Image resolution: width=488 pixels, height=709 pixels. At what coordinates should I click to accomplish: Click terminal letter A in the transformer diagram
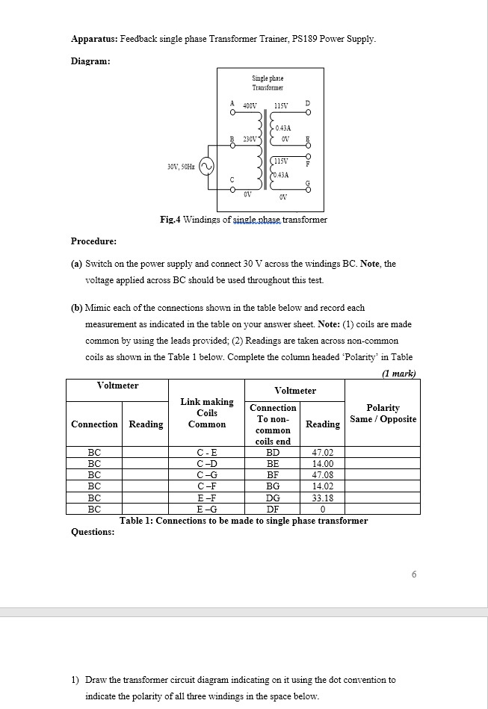pyautogui.click(x=232, y=103)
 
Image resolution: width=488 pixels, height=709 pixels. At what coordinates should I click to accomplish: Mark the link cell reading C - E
pyautogui.click(x=207, y=452)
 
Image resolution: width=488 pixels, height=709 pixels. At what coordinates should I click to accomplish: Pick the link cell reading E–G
pyautogui.click(x=207, y=508)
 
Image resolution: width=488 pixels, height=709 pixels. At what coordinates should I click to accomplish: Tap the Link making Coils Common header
pyautogui.click(x=207, y=413)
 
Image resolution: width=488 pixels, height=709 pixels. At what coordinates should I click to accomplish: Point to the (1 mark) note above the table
pyautogui.click(x=398, y=373)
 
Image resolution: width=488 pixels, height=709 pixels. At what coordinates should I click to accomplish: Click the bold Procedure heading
pyautogui.click(x=93, y=241)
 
